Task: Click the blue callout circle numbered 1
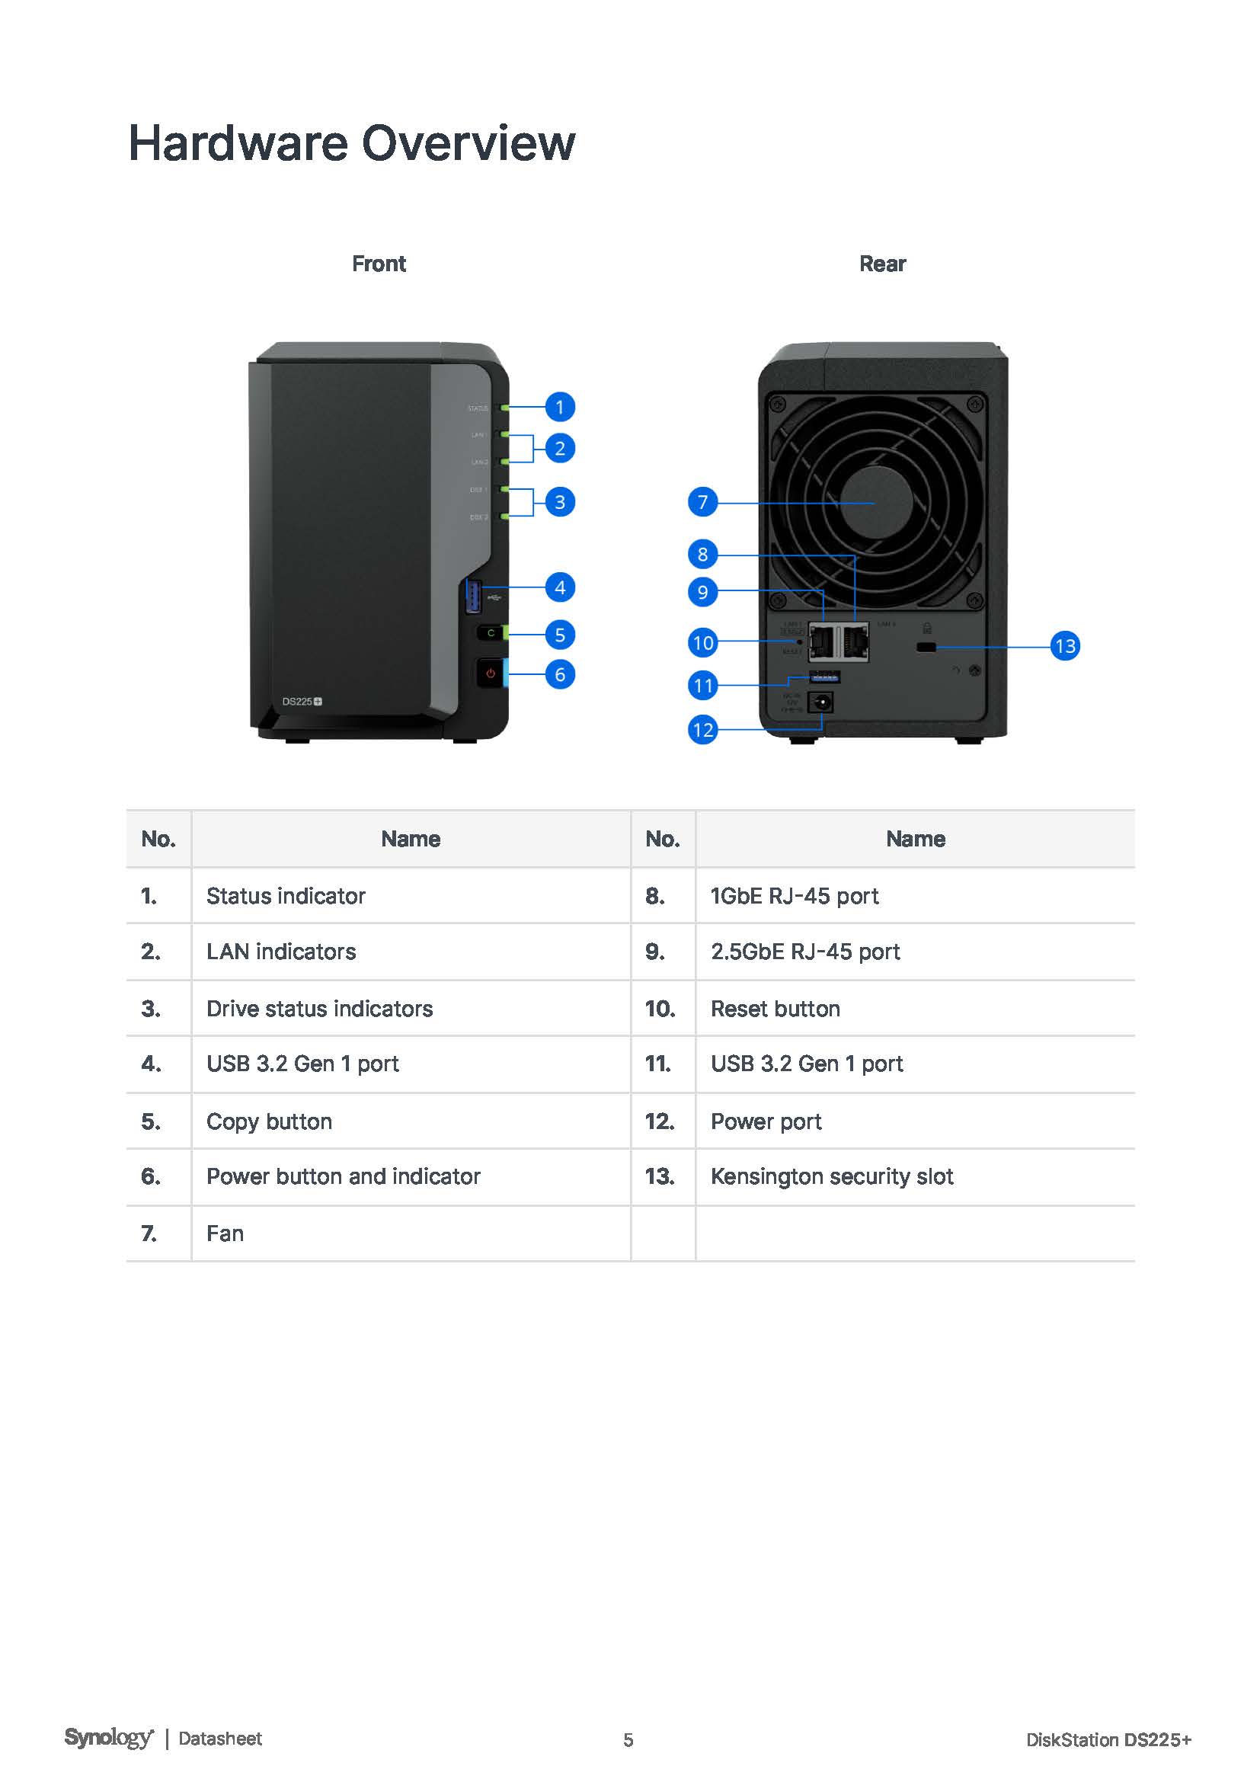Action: (x=559, y=407)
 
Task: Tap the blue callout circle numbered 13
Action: (x=1064, y=646)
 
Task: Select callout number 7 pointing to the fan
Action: (x=702, y=502)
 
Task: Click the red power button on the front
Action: (x=491, y=673)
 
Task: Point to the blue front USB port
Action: (x=472, y=595)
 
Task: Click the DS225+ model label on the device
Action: (x=301, y=702)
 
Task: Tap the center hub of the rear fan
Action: (x=876, y=503)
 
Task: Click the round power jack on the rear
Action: (x=820, y=703)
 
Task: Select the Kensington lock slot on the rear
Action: (x=926, y=647)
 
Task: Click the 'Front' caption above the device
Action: (x=379, y=264)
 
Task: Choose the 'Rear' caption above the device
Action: (x=882, y=264)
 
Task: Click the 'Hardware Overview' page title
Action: (x=351, y=143)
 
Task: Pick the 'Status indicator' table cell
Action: (x=286, y=896)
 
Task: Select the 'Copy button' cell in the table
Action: (x=269, y=1121)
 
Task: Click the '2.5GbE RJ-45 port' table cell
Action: (x=805, y=952)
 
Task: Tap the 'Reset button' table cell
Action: (x=775, y=1009)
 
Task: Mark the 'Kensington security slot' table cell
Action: (x=832, y=1176)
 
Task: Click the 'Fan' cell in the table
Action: (x=225, y=1233)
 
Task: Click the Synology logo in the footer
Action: (x=109, y=1738)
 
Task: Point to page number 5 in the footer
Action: (x=628, y=1740)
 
